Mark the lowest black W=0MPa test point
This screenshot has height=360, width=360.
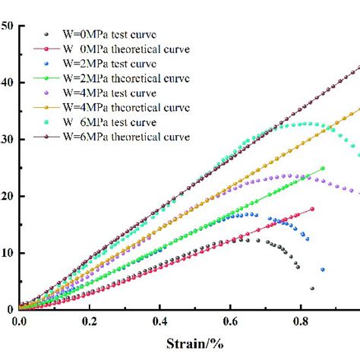(312, 289)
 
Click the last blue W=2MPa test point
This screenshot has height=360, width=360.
(323, 270)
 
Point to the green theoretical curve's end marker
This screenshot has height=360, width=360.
(323, 169)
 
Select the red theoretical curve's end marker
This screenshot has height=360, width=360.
(312, 209)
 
